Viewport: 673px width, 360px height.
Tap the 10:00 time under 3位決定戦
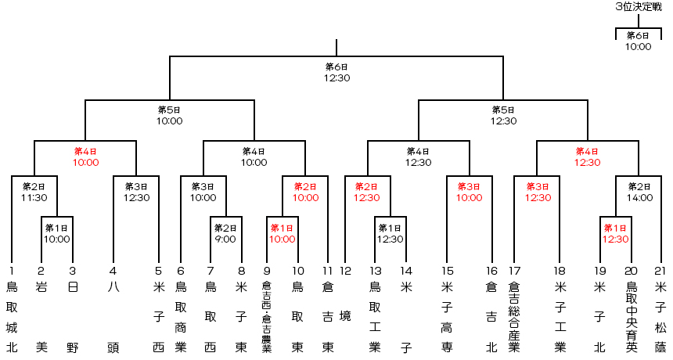638,46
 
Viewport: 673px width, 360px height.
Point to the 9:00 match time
224,239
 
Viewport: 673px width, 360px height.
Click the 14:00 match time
639,198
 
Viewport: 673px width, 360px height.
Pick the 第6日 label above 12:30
336,67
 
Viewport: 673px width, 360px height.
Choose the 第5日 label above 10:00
169,110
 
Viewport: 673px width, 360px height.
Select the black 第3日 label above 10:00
203,186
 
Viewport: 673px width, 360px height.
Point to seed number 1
12,270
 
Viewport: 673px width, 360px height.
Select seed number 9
267,270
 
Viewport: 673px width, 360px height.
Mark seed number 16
491,270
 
